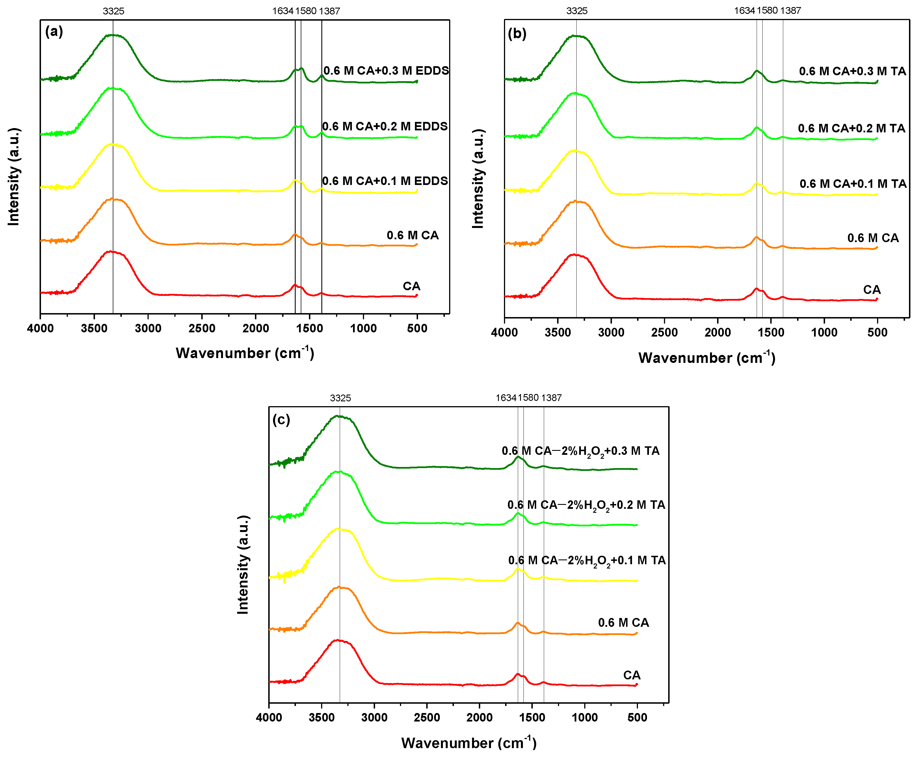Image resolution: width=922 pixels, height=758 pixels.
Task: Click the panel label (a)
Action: coord(54,31)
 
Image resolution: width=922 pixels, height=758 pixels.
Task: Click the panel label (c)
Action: coord(281,420)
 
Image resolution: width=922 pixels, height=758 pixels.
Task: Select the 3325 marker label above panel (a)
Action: coord(113,11)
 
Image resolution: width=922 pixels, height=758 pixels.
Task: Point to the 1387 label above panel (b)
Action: coord(791,10)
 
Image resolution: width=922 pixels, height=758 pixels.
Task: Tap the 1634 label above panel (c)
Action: coord(506,398)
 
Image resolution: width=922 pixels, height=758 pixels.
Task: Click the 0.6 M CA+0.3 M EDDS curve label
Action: coord(386,71)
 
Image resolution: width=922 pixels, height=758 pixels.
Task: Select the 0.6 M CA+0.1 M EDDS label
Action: coord(385,181)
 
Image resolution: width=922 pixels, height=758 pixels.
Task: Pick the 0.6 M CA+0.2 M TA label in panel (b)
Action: coord(852,128)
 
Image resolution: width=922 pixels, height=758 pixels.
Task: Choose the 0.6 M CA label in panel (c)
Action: coord(624,623)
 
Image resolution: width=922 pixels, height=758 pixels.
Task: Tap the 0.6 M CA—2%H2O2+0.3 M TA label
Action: coord(580,451)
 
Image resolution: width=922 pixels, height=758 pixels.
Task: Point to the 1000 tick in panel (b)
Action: coord(824,332)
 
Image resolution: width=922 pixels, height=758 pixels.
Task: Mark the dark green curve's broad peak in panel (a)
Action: coord(112,35)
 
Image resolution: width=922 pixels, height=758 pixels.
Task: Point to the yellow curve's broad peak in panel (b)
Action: coord(575,151)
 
